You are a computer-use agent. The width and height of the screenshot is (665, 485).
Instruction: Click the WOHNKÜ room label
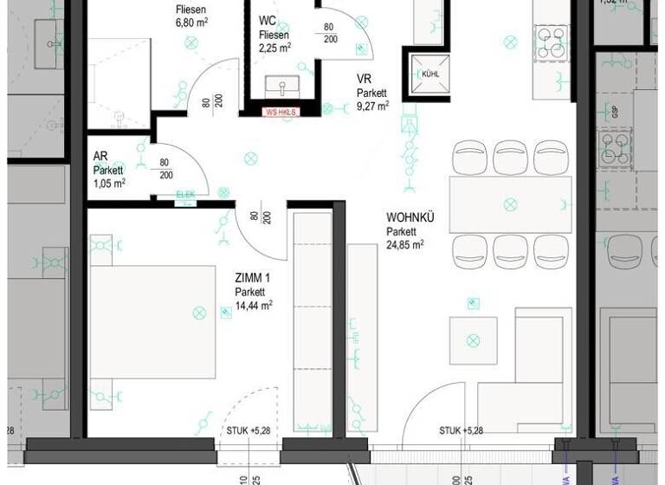coord(410,217)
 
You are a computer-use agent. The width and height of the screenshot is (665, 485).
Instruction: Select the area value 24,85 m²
coord(405,245)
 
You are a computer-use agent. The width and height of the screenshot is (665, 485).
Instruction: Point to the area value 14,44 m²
coord(254,305)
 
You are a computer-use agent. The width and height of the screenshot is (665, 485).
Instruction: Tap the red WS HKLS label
coord(281,112)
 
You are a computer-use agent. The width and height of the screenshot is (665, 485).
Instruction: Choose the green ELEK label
coord(185,195)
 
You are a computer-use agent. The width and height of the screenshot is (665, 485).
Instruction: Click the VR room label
coord(364,78)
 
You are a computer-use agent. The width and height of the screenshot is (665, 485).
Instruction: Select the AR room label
coord(100,156)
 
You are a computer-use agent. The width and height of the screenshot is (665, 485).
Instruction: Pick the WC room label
coord(268,20)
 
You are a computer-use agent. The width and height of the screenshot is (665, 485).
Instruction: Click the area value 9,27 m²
coord(372,106)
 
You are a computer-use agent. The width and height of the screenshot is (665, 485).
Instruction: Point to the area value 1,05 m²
coord(110,183)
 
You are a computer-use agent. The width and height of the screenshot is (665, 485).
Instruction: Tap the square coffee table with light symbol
coord(473,340)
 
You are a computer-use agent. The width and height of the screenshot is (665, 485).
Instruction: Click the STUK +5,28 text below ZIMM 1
coord(249,431)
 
